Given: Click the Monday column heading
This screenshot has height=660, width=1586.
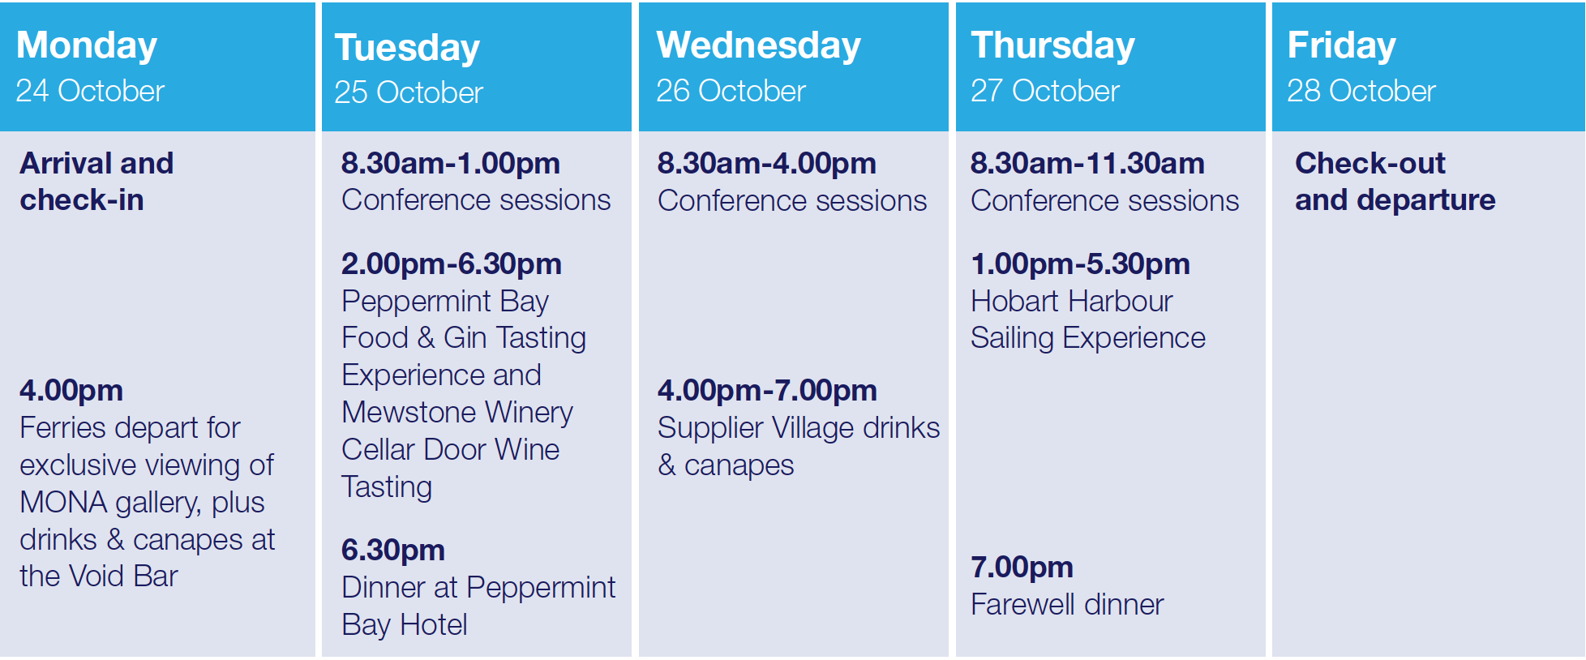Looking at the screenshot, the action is point(87,46).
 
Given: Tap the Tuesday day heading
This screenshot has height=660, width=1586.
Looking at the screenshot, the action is point(407,49).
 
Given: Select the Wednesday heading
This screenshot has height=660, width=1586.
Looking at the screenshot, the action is point(758,46).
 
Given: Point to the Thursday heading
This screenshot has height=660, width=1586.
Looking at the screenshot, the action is point(1052,46).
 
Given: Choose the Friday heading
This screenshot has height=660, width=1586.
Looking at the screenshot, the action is point(1341,46).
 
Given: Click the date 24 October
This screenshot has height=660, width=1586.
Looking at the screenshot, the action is point(90,91).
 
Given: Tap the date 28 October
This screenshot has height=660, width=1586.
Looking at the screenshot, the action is point(1361,91).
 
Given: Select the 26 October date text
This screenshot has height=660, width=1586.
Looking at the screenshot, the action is point(731,91).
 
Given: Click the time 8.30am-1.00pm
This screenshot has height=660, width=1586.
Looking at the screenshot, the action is point(451,164).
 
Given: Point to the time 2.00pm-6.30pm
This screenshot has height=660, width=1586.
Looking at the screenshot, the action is point(452,264).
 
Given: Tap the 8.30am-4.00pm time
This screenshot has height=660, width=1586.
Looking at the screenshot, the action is point(767,164).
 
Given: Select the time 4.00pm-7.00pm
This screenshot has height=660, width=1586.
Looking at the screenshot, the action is point(767,391).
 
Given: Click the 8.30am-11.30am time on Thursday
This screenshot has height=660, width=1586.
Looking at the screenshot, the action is point(1087,164).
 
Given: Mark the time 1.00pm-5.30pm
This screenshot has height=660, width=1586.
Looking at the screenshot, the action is point(1080,264).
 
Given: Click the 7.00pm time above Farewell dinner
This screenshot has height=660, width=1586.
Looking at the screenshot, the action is point(1022,568).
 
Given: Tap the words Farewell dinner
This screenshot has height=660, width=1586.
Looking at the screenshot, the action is point(1067,605).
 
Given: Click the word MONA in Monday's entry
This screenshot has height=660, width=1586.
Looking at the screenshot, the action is point(63,503).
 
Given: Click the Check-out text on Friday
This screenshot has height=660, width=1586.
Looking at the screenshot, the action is point(1370,164).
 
